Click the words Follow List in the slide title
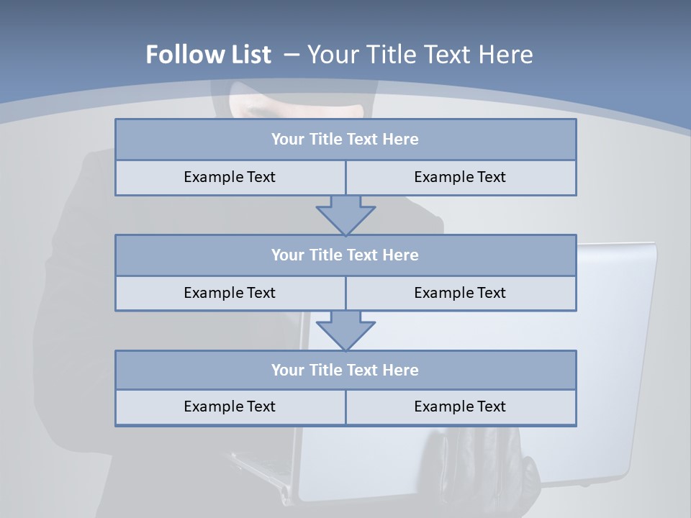(208, 55)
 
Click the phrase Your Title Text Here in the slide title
(420, 55)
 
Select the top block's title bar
(345, 140)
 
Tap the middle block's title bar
(345, 255)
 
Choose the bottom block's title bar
(345, 370)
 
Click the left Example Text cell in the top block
(230, 177)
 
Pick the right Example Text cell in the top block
(460, 177)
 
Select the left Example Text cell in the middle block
(230, 293)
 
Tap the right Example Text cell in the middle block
(460, 293)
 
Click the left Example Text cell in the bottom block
(230, 406)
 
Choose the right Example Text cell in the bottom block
(460, 406)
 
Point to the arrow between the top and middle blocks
(345, 214)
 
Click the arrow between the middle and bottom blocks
(345, 330)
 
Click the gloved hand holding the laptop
(461, 460)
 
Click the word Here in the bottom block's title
(400, 370)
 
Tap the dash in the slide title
(292, 55)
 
